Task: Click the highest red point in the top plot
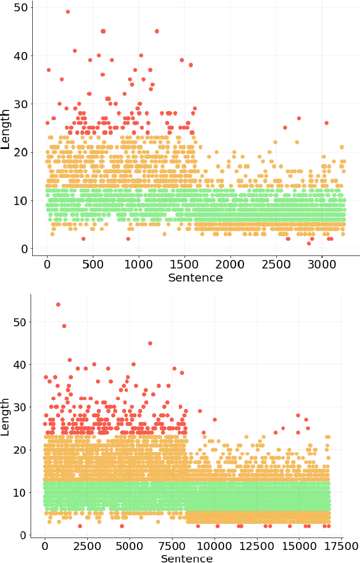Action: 68,12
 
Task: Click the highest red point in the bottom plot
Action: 58,305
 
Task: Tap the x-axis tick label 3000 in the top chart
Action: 322,265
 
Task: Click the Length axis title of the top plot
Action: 6,129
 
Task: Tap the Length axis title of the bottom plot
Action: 6,416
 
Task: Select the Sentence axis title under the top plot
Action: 195,278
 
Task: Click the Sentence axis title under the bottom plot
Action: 186,559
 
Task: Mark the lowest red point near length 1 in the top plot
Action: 309,244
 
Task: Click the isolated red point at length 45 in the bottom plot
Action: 150,343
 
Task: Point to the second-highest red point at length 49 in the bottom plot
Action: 64,326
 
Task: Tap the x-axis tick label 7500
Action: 172,546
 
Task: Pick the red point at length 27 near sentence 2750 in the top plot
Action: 299,118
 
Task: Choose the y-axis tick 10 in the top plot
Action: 22,201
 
